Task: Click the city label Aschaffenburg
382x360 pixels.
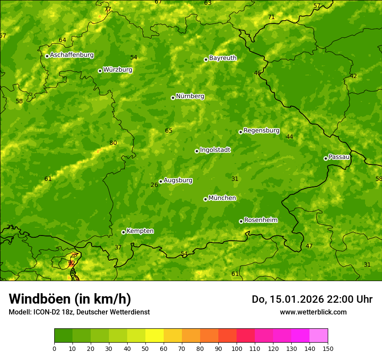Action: point(72,55)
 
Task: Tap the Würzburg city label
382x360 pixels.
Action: point(118,70)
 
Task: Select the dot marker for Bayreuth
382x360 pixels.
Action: point(206,59)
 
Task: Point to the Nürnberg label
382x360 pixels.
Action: point(190,96)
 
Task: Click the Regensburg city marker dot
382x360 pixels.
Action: point(240,132)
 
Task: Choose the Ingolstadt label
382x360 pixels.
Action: point(215,150)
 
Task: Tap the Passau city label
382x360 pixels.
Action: point(339,157)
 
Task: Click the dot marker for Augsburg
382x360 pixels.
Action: point(161,181)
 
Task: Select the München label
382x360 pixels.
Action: point(222,198)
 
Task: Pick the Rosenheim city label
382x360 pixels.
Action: point(260,220)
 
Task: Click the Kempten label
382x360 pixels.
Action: point(140,231)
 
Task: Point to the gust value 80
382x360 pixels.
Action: point(113,143)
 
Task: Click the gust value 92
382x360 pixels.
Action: point(72,263)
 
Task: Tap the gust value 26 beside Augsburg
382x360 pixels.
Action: point(154,185)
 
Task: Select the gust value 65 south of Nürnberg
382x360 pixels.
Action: point(169,131)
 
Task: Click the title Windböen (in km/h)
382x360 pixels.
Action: point(70,299)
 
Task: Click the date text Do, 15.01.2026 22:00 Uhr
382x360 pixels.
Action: point(312,299)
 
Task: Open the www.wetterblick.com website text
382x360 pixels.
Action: point(313,312)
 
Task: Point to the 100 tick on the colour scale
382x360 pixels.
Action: point(237,348)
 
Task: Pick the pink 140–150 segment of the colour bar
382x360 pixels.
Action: point(319,335)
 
